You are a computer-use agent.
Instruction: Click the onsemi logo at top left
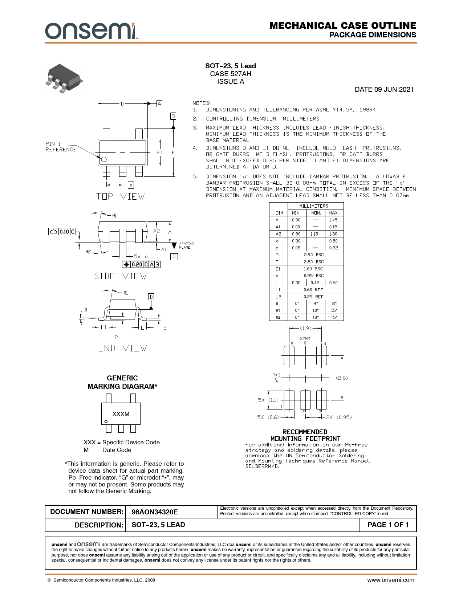91,31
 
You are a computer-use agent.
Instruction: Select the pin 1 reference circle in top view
103,159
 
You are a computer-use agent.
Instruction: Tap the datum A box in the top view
159,104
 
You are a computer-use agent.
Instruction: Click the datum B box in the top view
173,116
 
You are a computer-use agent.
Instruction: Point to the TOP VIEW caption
121,197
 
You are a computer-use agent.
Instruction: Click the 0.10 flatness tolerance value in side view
64,232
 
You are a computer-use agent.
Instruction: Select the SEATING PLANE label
186,245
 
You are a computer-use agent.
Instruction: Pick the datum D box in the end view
151,297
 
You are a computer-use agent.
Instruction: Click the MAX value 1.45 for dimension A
333,220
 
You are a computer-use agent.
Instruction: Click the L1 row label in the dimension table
278,290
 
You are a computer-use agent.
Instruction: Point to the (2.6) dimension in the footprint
342,378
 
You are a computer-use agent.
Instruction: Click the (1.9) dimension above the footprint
306,329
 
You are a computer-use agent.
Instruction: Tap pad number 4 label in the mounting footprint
325,344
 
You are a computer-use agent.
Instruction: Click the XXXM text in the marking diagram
121,414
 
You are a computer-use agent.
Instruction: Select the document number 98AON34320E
155,512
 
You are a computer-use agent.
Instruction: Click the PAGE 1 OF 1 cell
388,525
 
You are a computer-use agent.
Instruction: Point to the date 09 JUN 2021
384,90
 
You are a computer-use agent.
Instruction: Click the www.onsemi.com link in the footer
390,580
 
